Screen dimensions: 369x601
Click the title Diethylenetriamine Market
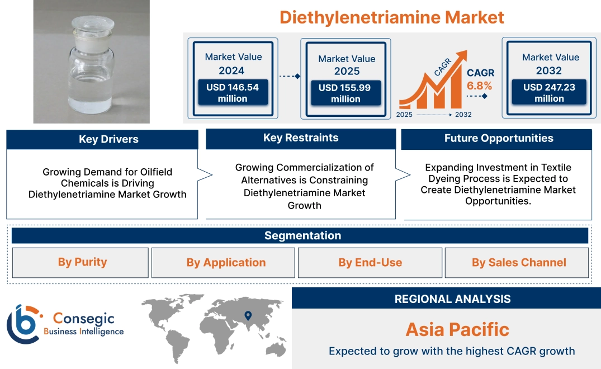point(391,17)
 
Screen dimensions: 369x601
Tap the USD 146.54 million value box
point(232,93)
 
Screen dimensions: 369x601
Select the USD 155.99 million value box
point(346,93)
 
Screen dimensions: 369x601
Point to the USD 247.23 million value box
point(549,93)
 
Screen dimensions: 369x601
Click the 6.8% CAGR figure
point(480,86)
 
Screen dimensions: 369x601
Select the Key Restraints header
point(301,138)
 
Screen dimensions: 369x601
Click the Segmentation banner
point(302,235)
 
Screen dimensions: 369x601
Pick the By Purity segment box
point(82,262)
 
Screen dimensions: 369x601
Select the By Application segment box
point(226,263)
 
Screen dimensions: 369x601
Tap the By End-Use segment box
point(370,263)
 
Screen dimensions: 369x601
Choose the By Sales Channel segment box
point(519,263)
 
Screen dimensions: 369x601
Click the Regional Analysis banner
point(452,299)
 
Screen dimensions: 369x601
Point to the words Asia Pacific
point(457,329)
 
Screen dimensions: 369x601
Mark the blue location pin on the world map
point(248,317)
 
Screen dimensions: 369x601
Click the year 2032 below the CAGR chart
point(463,115)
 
